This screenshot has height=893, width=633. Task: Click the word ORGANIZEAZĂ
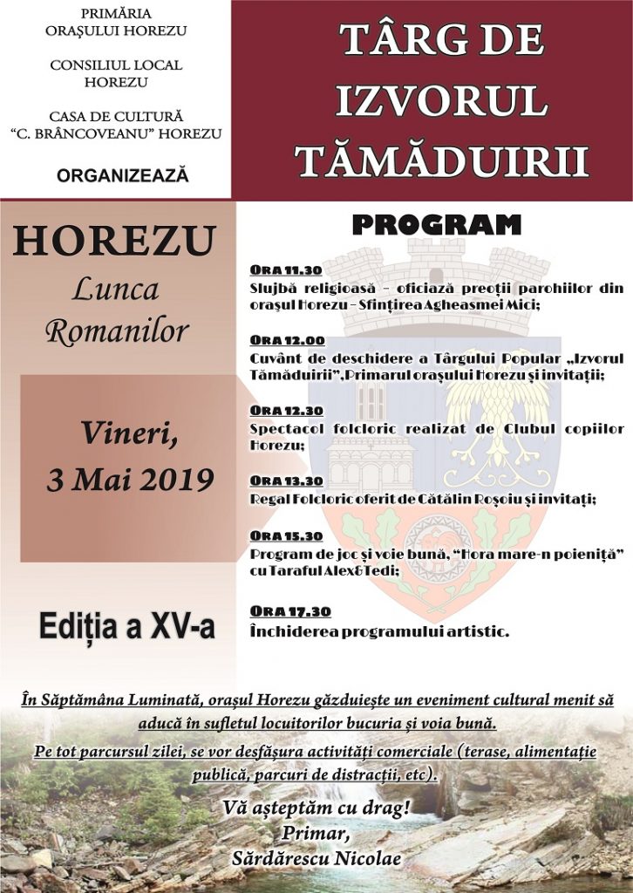pyautogui.click(x=123, y=175)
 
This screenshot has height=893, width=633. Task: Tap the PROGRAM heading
pyautogui.click(x=436, y=225)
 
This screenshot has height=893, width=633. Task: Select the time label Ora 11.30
pyautogui.click(x=286, y=269)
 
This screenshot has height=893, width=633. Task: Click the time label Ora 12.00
pyautogui.click(x=287, y=340)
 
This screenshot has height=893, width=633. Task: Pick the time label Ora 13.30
pyautogui.click(x=287, y=481)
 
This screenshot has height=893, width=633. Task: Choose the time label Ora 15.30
pyautogui.click(x=287, y=535)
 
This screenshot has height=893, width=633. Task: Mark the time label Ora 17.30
pyautogui.click(x=287, y=610)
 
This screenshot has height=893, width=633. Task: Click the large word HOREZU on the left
pyautogui.click(x=113, y=242)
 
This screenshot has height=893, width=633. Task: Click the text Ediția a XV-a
pyautogui.click(x=126, y=626)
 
